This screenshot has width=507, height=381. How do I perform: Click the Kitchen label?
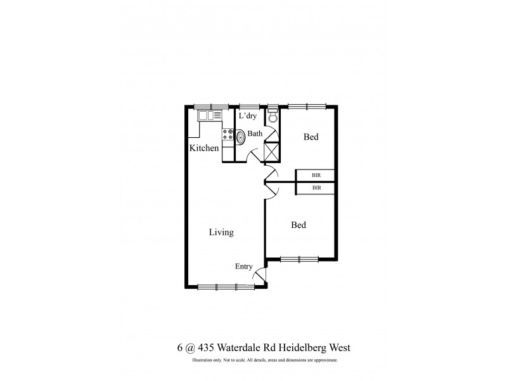(204, 148)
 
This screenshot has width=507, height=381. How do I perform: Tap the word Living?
(221, 232)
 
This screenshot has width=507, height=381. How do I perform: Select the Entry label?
(244, 267)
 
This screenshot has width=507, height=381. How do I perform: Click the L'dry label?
(247, 116)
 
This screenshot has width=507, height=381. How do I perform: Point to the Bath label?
(255, 133)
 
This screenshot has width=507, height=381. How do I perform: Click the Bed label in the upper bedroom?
(311, 137)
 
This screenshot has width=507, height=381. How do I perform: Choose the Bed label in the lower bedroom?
(298, 225)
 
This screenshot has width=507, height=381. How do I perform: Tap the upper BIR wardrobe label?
(316, 175)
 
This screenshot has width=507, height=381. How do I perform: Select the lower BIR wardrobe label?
(316, 188)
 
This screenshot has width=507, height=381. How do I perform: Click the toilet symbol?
(273, 117)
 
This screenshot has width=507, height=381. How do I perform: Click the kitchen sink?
(210, 116)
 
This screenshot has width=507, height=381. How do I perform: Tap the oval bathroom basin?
(241, 136)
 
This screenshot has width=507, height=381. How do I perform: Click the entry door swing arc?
(259, 275)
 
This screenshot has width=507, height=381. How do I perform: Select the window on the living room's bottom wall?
(226, 287)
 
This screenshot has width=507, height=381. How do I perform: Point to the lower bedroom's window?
(298, 258)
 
